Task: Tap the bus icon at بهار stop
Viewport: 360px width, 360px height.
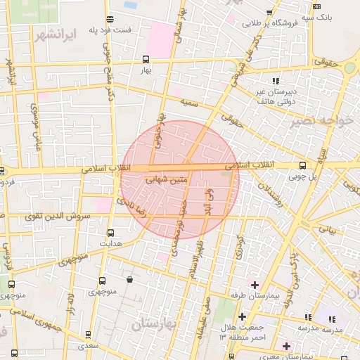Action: (x=146, y=59)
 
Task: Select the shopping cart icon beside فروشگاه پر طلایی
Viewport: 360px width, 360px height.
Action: (x=270, y=12)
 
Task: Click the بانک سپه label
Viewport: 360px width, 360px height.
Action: (x=316, y=16)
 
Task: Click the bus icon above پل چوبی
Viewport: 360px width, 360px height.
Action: (x=302, y=166)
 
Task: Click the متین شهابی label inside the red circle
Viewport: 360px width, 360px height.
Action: (x=167, y=180)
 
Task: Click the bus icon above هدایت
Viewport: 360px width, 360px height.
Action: (x=110, y=232)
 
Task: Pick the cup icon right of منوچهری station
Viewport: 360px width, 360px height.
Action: (x=129, y=280)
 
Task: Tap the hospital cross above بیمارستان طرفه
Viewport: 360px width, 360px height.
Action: (x=254, y=285)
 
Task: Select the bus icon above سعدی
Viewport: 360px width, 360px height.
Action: (x=88, y=335)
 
